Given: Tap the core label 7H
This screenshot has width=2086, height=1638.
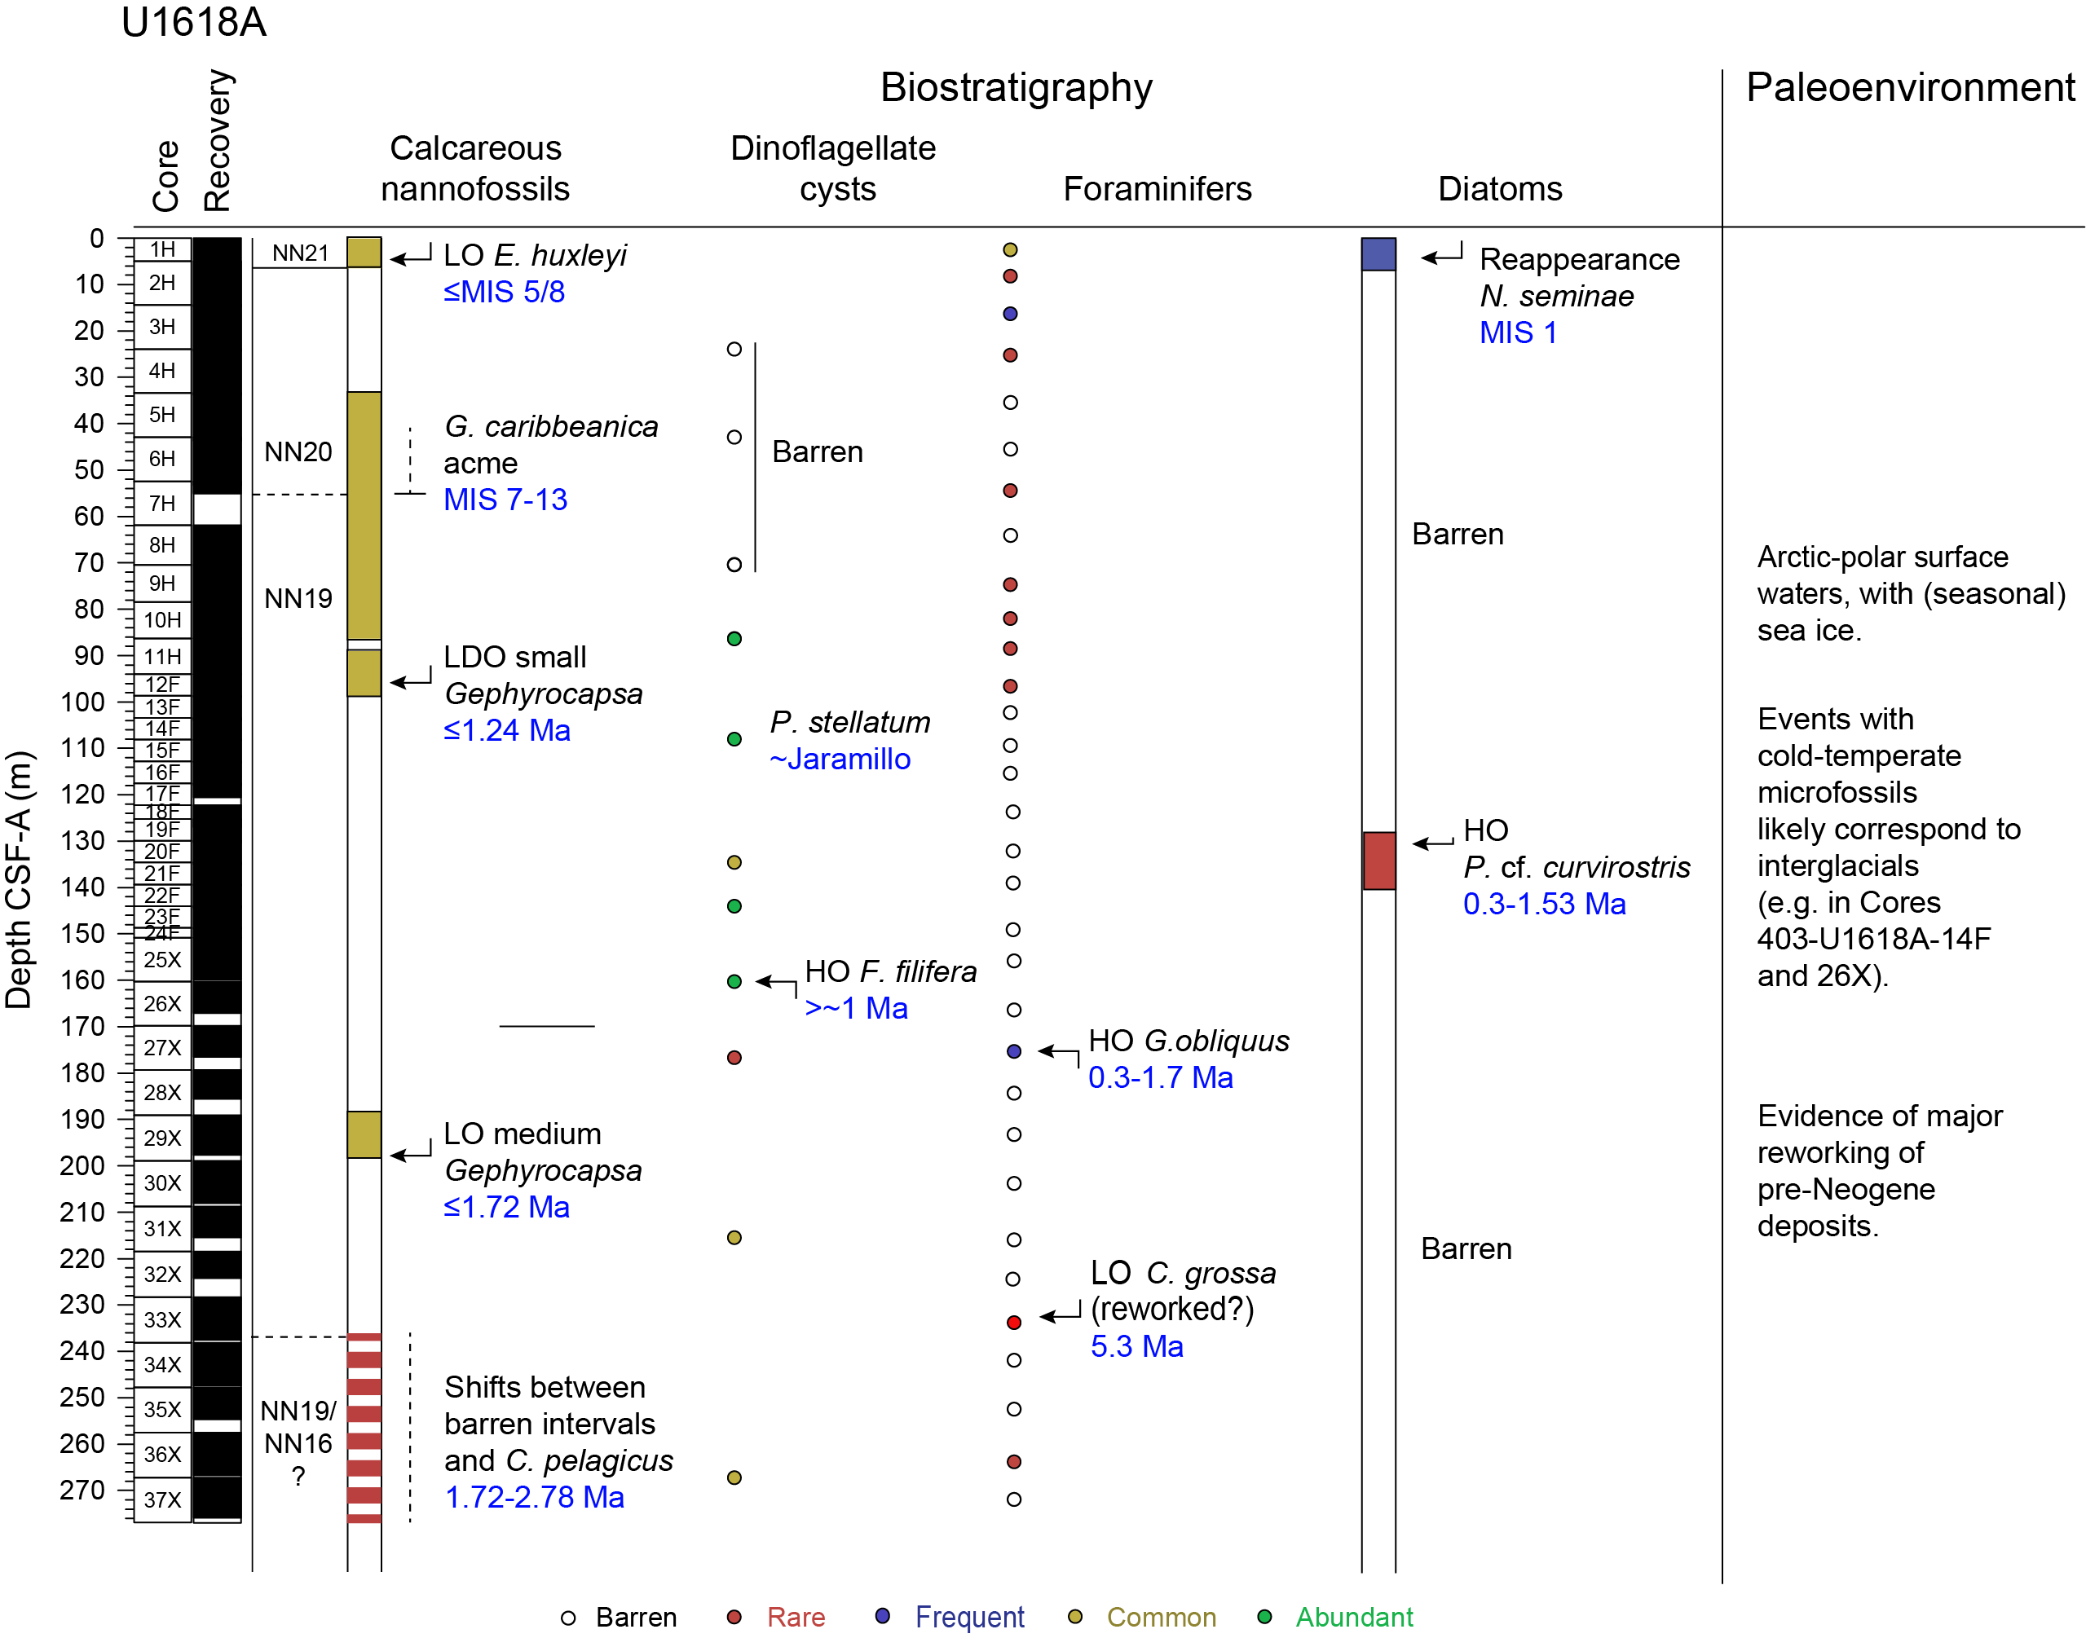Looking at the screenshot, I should pyautogui.click(x=162, y=504).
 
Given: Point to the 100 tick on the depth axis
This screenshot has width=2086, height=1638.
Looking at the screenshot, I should pyautogui.click(x=83, y=702).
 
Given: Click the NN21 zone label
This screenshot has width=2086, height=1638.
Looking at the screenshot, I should pyautogui.click(x=300, y=253).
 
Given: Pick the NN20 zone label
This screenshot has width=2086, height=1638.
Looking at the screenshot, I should pyautogui.click(x=298, y=451).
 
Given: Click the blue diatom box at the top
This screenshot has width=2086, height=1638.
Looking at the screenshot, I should pyautogui.click(x=1378, y=254).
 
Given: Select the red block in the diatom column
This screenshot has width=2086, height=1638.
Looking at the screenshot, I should pyautogui.click(x=1378, y=861).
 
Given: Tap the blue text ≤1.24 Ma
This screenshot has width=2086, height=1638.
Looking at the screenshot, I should pyautogui.click(x=506, y=731).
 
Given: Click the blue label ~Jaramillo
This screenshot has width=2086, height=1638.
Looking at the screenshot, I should pyautogui.click(x=840, y=760).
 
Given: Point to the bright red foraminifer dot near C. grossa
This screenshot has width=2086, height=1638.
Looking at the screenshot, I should pyautogui.click(x=1014, y=1323).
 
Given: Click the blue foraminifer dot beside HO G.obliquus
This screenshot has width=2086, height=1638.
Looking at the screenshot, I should pyautogui.click(x=1014, y=1051).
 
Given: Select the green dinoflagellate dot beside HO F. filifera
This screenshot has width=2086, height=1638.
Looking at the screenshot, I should pyautogui.click(x=734, y=981).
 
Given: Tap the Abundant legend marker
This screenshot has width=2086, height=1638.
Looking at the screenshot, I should pyautogui.click(x=1264, y=1617).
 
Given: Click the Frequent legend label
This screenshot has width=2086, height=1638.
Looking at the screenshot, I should pyautogui.click(x=968, y=1617).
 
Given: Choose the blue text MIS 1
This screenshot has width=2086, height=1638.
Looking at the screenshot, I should pyautogui.click(x=1517, y=332).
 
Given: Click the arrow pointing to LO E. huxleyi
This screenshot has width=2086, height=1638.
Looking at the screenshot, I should pyautogui.click(x=411, y=257).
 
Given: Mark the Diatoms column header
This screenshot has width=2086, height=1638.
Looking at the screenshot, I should pyautogui.click(x=1499, y=189).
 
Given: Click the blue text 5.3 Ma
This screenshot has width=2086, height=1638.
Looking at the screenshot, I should pyautogui.click(x=1136, y=1346).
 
